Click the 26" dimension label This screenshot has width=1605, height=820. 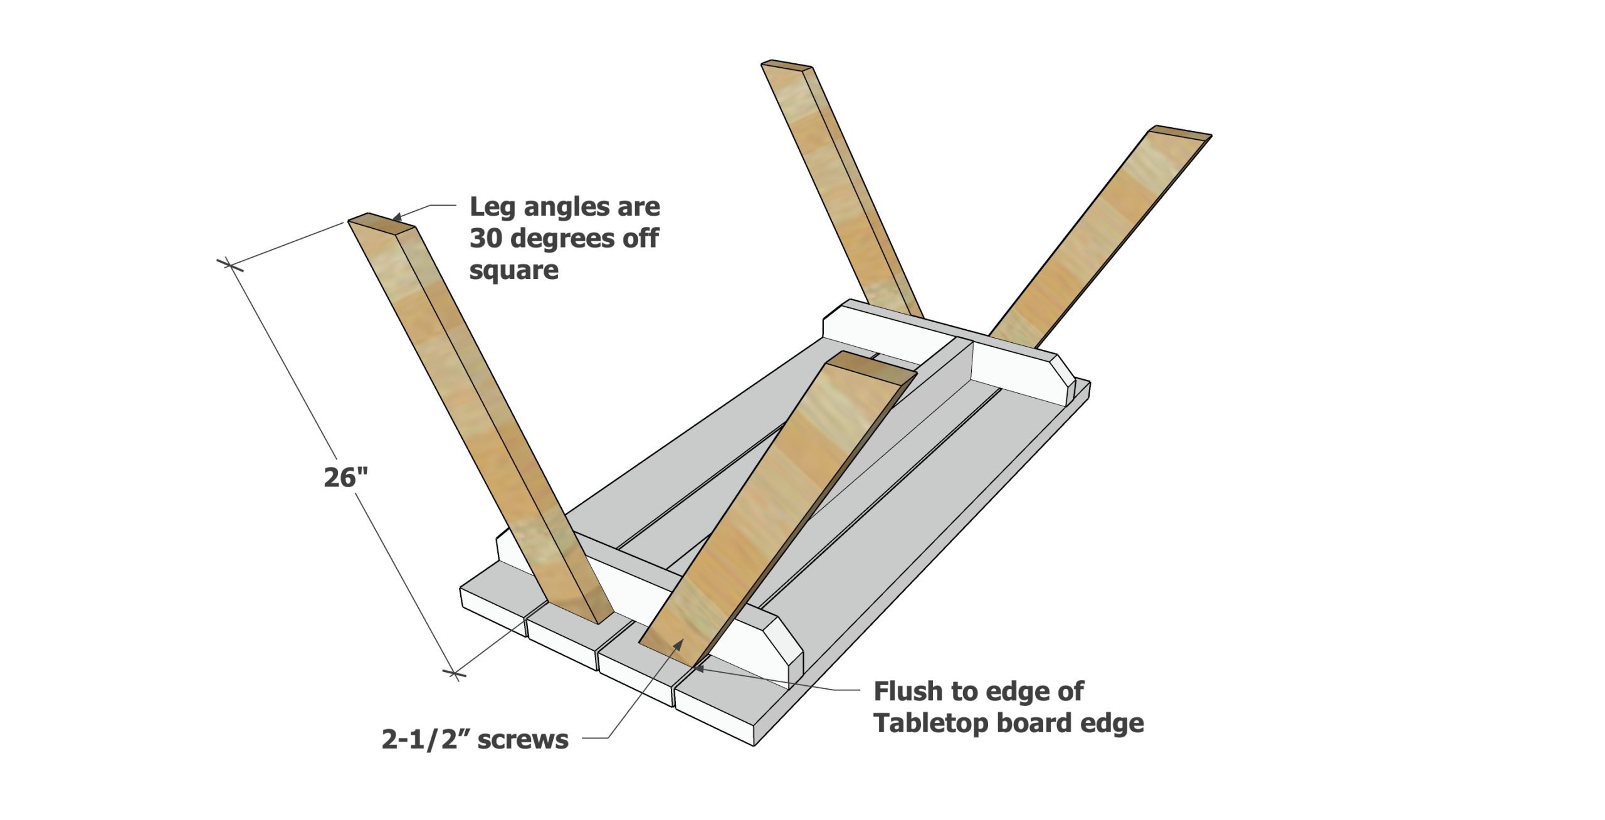[x=345, y=478]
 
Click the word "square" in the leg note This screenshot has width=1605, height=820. [x=513, y=270]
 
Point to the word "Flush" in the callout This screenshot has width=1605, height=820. [x=908, y=691]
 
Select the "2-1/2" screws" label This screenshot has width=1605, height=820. [x=475, y=740]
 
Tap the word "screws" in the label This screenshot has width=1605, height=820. [x=523, y=740]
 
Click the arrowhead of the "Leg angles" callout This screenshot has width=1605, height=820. [x=396, y=217]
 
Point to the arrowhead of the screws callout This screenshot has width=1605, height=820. [x=679, y=643]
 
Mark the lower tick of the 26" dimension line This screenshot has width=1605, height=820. [x=455, y=675]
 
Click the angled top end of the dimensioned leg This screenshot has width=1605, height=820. [x=381, y=223]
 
